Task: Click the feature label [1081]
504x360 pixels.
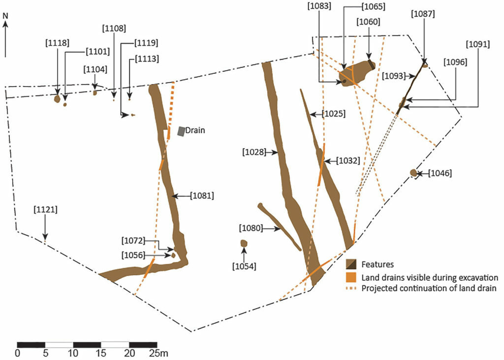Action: [202, 196]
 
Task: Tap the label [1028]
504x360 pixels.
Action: [254, 152]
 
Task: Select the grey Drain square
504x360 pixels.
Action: [182, 131]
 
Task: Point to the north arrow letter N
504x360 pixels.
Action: [5, 15]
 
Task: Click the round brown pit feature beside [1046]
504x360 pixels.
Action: [413, 173]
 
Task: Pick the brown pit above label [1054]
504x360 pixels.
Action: [244, 243]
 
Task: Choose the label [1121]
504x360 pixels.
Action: [46, 210]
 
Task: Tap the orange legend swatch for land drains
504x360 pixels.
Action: [351, 277]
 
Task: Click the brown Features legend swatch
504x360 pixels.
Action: [351, 264]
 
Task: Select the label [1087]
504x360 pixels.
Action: [423, 14]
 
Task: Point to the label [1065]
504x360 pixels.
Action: [373, 6]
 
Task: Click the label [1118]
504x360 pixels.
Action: [58, 42]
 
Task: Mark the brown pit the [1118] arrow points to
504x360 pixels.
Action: [57, 99]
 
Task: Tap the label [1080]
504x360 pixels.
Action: [251, 229]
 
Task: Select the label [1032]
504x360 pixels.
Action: [348, 160]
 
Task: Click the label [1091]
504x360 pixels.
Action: [478, 44]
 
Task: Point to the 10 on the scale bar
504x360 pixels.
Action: [73, 353]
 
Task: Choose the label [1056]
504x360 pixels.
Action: [133, 255]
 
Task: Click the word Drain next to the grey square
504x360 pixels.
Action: [195, 131]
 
